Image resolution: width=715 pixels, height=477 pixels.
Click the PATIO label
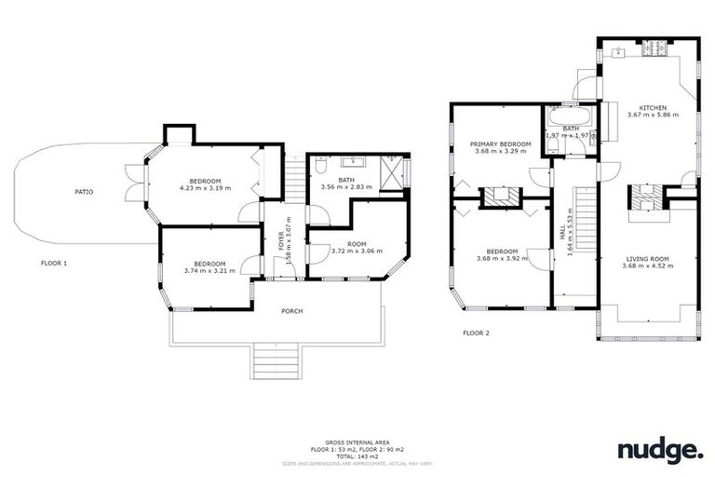pyautogui.click(x=84, y=192)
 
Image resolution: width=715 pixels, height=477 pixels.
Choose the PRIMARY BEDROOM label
pyautogui.click(x=502, y=144)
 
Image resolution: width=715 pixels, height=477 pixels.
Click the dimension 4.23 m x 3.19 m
pyautogui.click(x=205, y=188)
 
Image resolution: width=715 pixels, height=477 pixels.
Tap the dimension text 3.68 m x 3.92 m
pyautogui.click(x=502, y=258)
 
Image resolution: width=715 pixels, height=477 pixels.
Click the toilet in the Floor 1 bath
pyautogui.click(x=318, y=168)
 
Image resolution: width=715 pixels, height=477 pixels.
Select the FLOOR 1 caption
pyautogui.click(x=54, y=264)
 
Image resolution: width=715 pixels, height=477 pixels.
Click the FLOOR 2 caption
pyautogui.click(x=476, y=332)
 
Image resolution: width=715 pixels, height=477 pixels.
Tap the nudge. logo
pyautogui.click(x=660, y=452)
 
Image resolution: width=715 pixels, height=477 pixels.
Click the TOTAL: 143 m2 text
pyautogui.click(x=357, y=456)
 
